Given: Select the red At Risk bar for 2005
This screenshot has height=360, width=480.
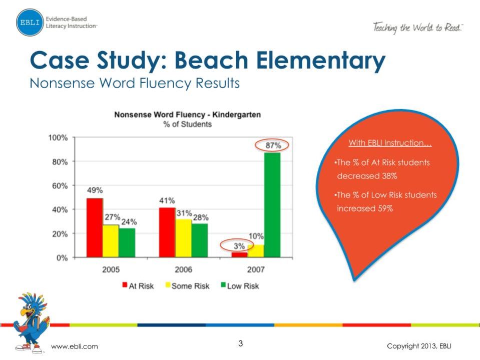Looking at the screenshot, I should click(x=95, y=228).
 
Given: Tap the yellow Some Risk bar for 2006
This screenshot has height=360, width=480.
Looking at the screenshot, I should click(x=183, y=238).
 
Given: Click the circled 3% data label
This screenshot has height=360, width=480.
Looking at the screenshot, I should click(x=239, y=246).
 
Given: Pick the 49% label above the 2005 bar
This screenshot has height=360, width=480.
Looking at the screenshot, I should click(x=95, y=190).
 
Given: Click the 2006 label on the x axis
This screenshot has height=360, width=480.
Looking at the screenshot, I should click(x=184, y=269).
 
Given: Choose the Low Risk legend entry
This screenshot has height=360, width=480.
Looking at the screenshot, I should click(x=239, y=286).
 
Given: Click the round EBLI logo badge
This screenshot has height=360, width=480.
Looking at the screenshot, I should click(x=30, y=22).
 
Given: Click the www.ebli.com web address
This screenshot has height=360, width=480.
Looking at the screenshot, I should click(x=75, y=346).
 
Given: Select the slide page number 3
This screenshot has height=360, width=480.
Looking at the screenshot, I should click(x=241, y=343).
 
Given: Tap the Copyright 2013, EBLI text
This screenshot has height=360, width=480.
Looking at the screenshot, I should click(x=421, y=346).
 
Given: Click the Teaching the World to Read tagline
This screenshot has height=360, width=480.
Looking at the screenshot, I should click(x=418, y=28).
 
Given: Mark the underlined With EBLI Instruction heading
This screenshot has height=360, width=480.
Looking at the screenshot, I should click(x=390, y=143).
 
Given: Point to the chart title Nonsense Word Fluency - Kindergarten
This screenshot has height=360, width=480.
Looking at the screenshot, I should click(x=187, y=115).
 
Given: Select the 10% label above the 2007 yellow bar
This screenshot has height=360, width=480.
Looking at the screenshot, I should click(x=256, y=236).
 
